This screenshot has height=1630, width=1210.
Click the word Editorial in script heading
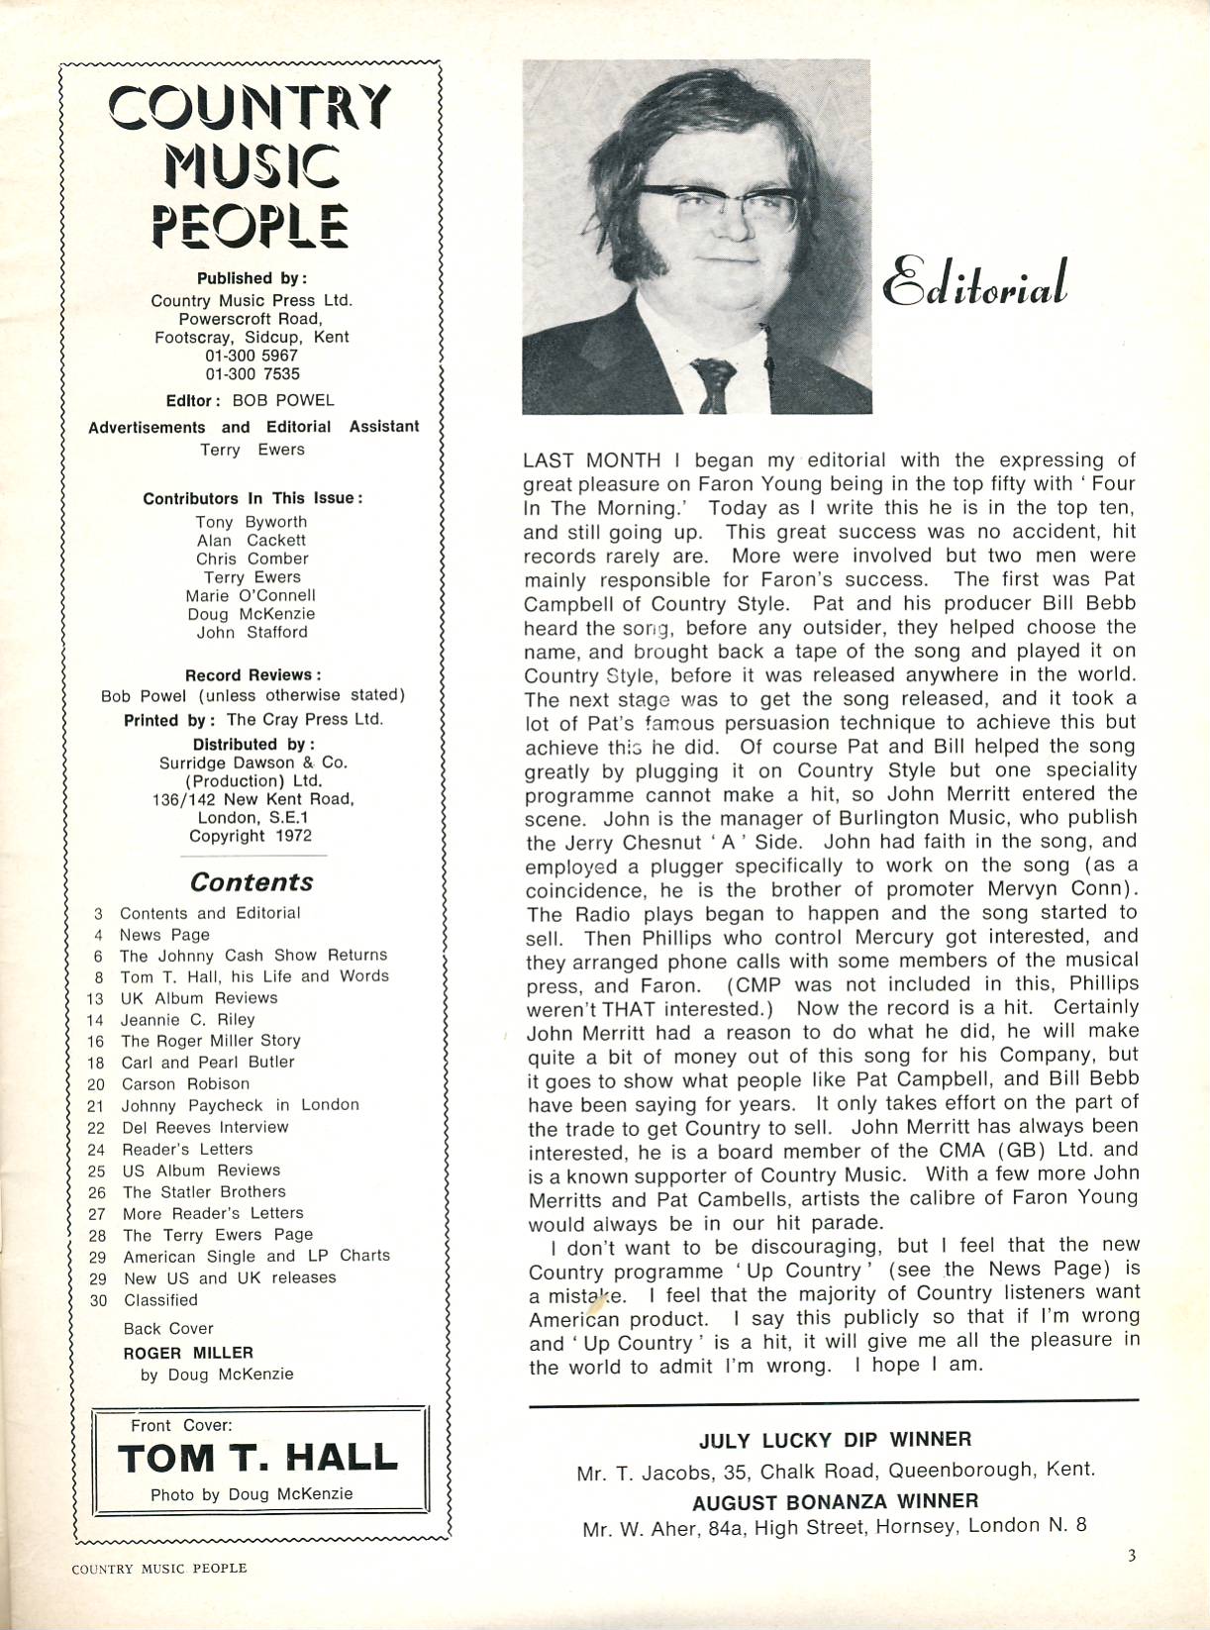pyautogui.click(x=975, y=283)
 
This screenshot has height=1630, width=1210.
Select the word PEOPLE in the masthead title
pyautogui.click(x=250, y=225)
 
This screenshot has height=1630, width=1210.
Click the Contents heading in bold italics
pyautogui.click(x=252, y=881)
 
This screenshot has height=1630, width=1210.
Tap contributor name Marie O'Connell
pyautogui.click(x=251, y=595)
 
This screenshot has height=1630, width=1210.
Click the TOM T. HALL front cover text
pyautogui.click(x=257, y=1458)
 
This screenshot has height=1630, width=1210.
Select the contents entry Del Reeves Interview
pyautogui.click(x=205, y=1127)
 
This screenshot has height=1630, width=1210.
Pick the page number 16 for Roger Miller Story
pyautogui.click(x=96, y=1041)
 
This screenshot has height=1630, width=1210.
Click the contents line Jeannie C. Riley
pyautogui.click(x=187, y=1019)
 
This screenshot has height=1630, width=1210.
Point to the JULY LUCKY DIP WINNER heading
pyautogui.click(x=835, y=1439)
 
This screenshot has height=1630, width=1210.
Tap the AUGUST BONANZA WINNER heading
pyautogui.click(x=835, y=1501)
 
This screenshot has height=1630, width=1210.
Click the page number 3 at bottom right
pyautogui.click(x=1131, y=1555)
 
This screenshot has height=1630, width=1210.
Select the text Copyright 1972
pyautogui.click(x=251, y=836)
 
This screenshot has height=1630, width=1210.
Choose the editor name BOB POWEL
pyautogui.click(x=283, y=400)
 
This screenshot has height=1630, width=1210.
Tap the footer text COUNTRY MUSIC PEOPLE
pyautogui.click(x=159, y=1568)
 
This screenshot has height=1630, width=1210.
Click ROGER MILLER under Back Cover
pyautogui.click(x=188, y=1353)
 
